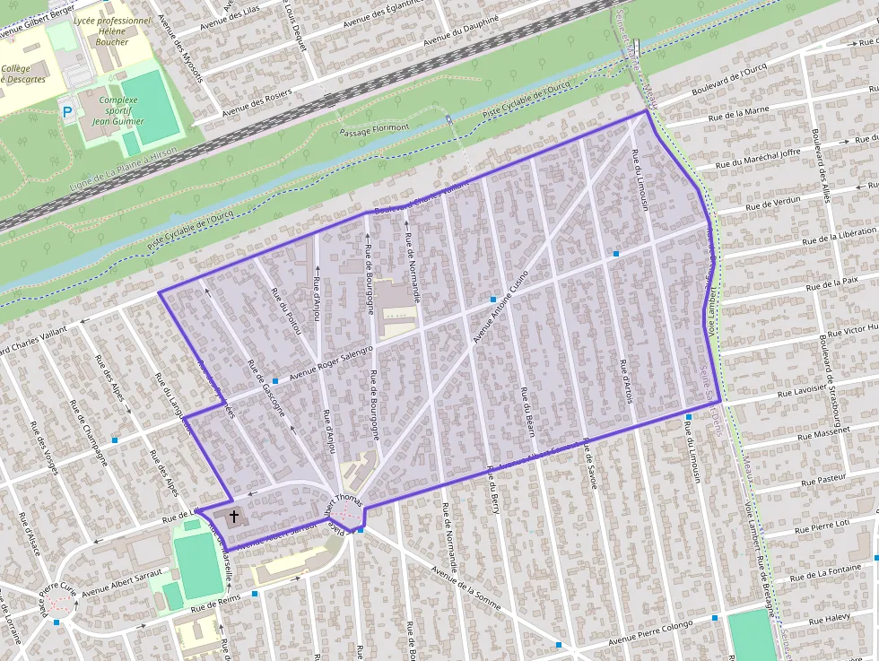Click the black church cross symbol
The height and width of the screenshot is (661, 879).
click(234, 517)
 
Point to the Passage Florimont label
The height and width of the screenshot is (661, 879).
click(375, 128)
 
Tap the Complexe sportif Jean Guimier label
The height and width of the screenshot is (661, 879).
click(118, 111)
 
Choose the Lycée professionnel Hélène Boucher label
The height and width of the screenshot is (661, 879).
click(113, 30)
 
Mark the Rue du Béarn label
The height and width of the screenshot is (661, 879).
click(527, 413)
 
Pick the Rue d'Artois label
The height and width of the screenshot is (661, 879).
click(626, 382)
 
